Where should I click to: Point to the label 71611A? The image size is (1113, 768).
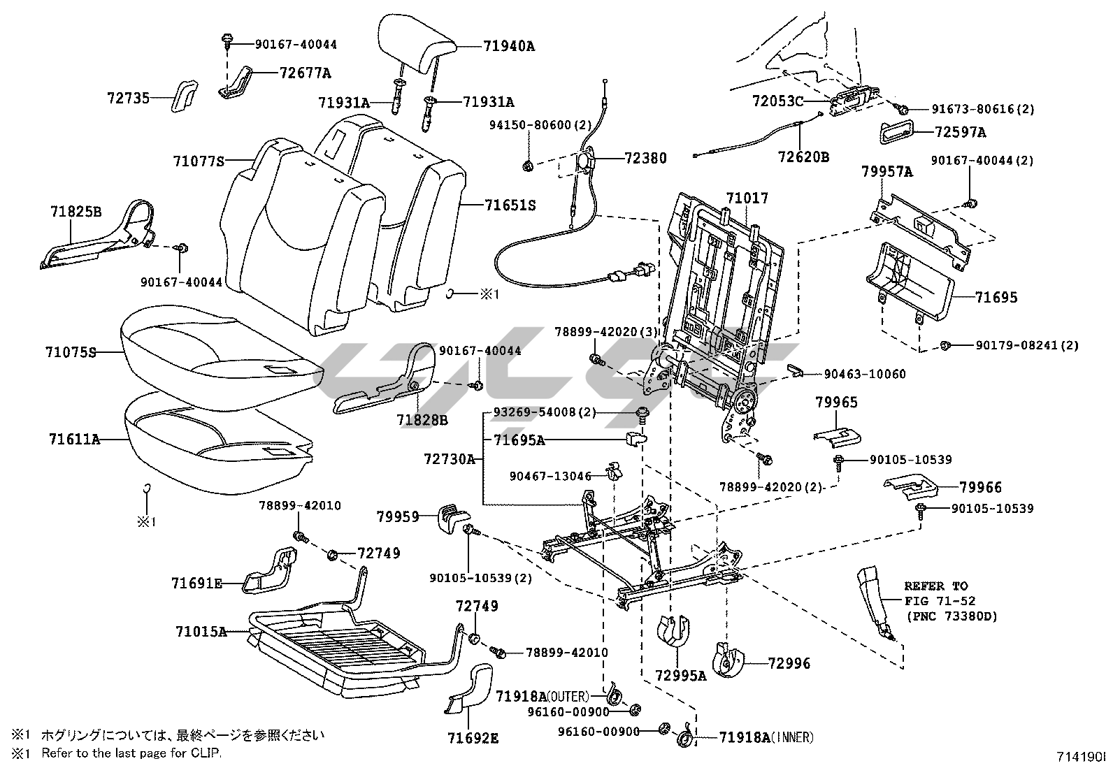coord(74,440)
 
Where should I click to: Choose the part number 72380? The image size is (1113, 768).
coord(645,159)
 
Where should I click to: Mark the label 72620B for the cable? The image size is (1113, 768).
coord(803,157)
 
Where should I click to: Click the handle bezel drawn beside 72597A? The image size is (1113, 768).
coord(894,131)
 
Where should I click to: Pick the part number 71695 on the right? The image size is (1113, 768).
coord(996,298)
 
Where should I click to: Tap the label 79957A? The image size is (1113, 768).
coord(887,171)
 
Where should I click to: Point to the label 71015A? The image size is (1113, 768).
coord(201,632)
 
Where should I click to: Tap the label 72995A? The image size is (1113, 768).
coord(681,675)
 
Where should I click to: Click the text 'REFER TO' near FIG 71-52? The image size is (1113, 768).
coord(935,586)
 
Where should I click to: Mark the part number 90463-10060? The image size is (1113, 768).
coord(864,375)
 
